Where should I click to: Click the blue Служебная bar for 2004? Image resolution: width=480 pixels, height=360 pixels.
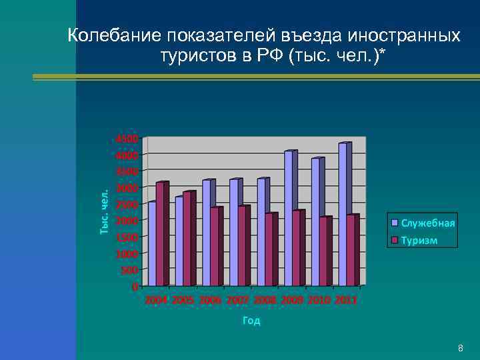click(x=152, y=244)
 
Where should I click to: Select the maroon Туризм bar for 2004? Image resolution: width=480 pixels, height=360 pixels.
click(x=160, y=234)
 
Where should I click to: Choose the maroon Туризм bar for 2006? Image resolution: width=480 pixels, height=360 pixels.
click(x=215, y=247)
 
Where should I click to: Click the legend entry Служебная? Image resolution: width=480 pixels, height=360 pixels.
click(x=427, y=223)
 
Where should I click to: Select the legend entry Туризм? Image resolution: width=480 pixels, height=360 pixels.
click(x=419, y=240)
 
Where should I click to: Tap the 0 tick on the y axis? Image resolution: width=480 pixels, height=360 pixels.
click(x=135, y=287)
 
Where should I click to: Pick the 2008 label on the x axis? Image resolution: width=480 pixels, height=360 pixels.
click(x=265, y=301)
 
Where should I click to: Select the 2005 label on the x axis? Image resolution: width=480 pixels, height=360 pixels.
click(x=183, y=301)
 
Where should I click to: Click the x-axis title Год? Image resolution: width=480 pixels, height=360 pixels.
click(x=251, y=321)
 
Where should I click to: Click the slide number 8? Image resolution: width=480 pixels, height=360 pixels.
click(x=460, y=349)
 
